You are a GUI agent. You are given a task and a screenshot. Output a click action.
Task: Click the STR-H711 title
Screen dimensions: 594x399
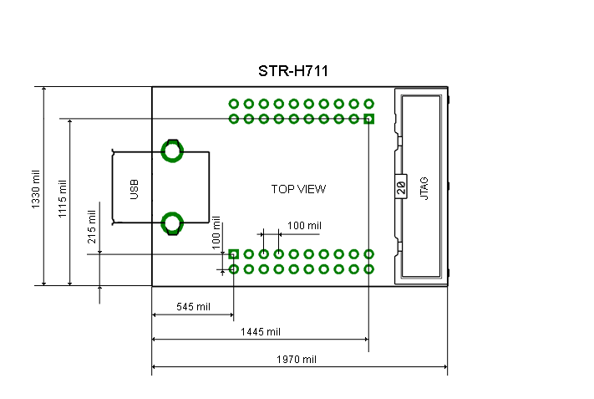pyautogui.click(x=293, y=71)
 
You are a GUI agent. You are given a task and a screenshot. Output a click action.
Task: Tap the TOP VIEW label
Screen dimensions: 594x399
pyautogui.click(x=298, y=189)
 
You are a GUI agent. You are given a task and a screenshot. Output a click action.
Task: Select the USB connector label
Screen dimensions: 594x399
pyautogui.click(x=135, y=189)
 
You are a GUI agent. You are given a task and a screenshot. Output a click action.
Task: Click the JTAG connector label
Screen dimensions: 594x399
pyautogui.click(x=424, y=188)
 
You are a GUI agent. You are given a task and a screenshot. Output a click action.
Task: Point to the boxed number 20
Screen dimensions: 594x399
pyautogui.click(x=401, y=187)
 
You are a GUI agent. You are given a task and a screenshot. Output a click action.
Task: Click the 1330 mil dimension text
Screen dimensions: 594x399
pyautogui.click(x=35, y=189)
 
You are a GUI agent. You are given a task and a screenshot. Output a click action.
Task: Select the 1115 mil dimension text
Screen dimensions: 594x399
pyautogui.click(x=62, y=198)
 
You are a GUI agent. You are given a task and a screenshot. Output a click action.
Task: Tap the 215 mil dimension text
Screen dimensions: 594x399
pyautogui.click(x=91, y=227)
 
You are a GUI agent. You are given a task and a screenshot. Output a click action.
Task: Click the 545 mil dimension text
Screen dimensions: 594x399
pyautogui.click(x=193, y=306)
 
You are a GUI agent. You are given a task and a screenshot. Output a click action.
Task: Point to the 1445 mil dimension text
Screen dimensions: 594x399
pyautogui.click(x=261, y=332)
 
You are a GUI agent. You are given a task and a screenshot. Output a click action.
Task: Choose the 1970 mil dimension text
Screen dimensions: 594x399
pyautogui.click(x=297, y=359)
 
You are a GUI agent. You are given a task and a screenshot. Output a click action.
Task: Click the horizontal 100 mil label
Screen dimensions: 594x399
pyautogui.click(x=304, y=226)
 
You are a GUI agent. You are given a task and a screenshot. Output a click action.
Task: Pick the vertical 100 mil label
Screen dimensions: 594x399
pyautogui.click(x=216, y=233)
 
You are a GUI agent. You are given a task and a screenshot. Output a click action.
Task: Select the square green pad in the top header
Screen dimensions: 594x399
pyautogui.click(x=369, y=119)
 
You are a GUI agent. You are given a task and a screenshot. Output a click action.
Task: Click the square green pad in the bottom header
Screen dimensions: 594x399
pyautogui.click(x=234, y=254)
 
